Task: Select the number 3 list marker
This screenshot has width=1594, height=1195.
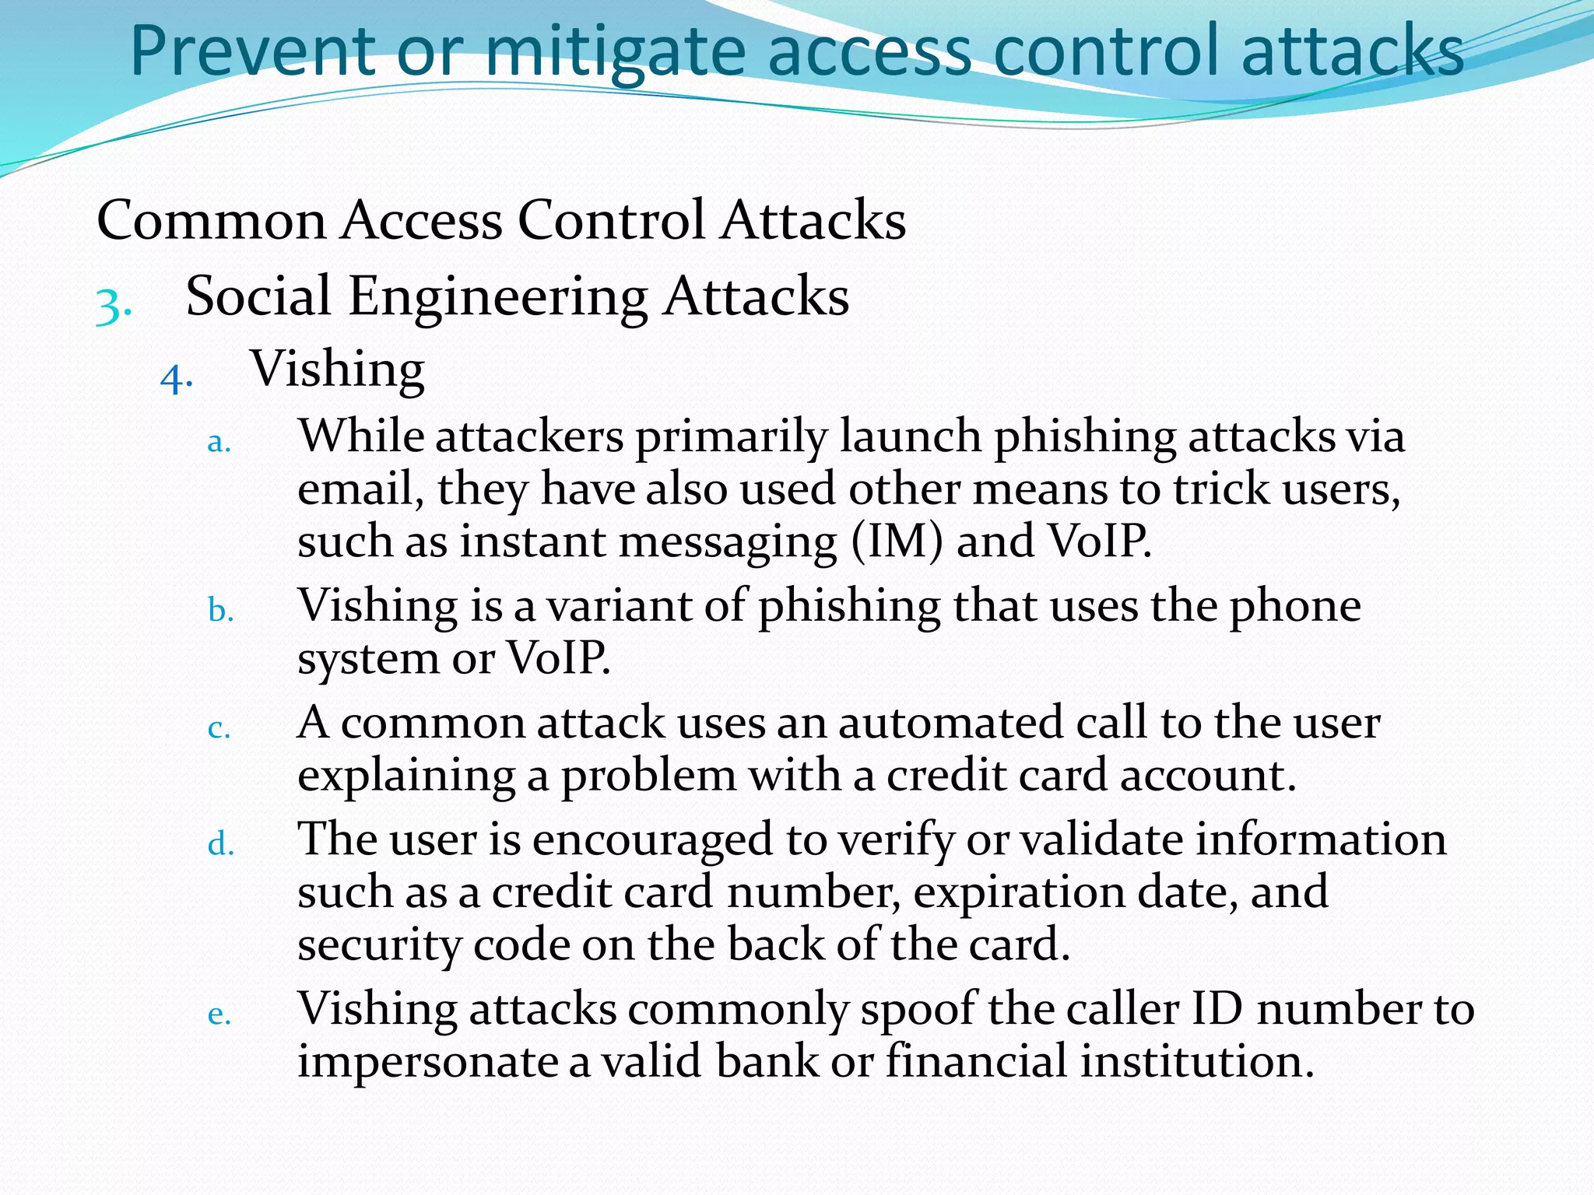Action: pyautogui.click(x=113, y=305)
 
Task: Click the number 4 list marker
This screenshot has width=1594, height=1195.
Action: pyautogui.click(x=177, y=379)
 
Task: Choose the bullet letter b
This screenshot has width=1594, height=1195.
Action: pyautogui.click(x=220, y=611)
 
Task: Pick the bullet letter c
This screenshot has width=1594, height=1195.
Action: pyautogui.click(x=219, y=729)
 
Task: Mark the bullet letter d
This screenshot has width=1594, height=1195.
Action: pyautogui.click(x=220, y=844)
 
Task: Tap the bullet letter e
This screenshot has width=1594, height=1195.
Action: pyautogui.click(x=219, y=1015)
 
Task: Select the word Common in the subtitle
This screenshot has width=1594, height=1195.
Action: pyautogui.click(x=211, y=220)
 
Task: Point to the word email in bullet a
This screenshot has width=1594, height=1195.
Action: pyautogui.click(x=360, y=489)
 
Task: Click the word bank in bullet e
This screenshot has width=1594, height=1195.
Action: pyautogui.click(x=767, y=1062)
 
